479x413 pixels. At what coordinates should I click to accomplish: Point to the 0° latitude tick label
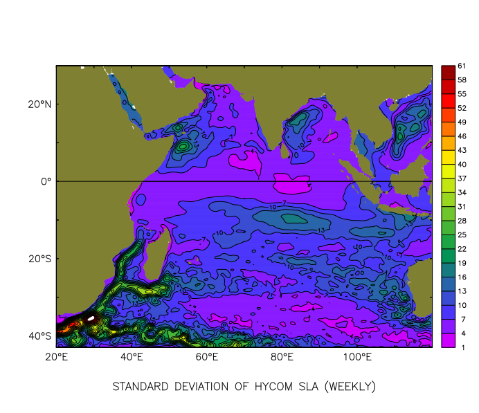coord(46,181)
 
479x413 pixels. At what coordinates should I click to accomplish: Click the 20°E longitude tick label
coord(56,357)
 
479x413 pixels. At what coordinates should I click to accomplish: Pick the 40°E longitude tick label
coord(132,357)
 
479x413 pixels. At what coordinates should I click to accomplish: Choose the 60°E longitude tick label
coord(207,357)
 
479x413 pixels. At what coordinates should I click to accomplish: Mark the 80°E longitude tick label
coord(282,357)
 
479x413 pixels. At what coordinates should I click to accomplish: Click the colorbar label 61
coord(462,66)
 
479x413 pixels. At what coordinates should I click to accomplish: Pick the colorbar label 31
coord(462,207)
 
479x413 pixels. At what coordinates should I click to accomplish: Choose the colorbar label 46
coord(462,136)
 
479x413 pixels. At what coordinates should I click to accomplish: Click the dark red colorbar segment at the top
coord(448,73)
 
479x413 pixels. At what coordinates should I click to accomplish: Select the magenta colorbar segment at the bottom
coord(448,340)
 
